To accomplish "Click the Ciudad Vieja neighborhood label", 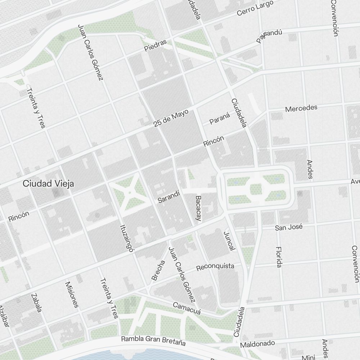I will coord(48,184).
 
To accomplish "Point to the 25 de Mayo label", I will coord(171,118).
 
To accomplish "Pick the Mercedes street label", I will coord(301,108).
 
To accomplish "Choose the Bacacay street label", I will coord(198,208).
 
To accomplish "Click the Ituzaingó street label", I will coord(126,239).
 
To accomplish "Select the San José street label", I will coord(289,228).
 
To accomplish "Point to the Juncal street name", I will coord(229,240).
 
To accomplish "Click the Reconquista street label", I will coord(215,267).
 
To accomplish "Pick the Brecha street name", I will coord(158,270).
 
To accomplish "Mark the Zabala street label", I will coord(36,303).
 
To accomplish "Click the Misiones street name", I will coord(71,294).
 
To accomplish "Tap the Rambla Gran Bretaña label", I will coord(153,340).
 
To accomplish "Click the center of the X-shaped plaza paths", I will coord(129,193).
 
